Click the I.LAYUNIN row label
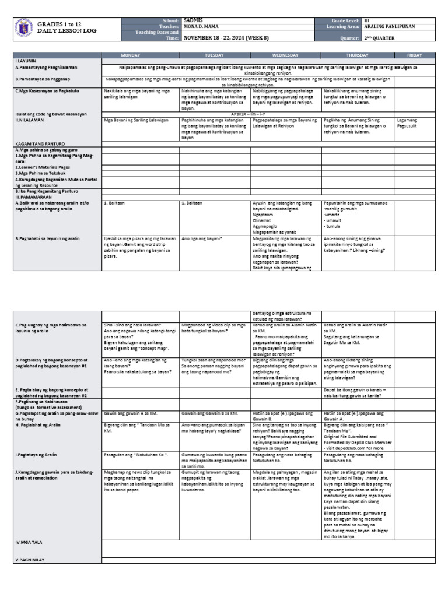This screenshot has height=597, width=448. tap(27, 61)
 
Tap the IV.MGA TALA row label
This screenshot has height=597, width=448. tap(29, 542)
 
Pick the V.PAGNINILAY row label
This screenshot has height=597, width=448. tap(30, 560)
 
